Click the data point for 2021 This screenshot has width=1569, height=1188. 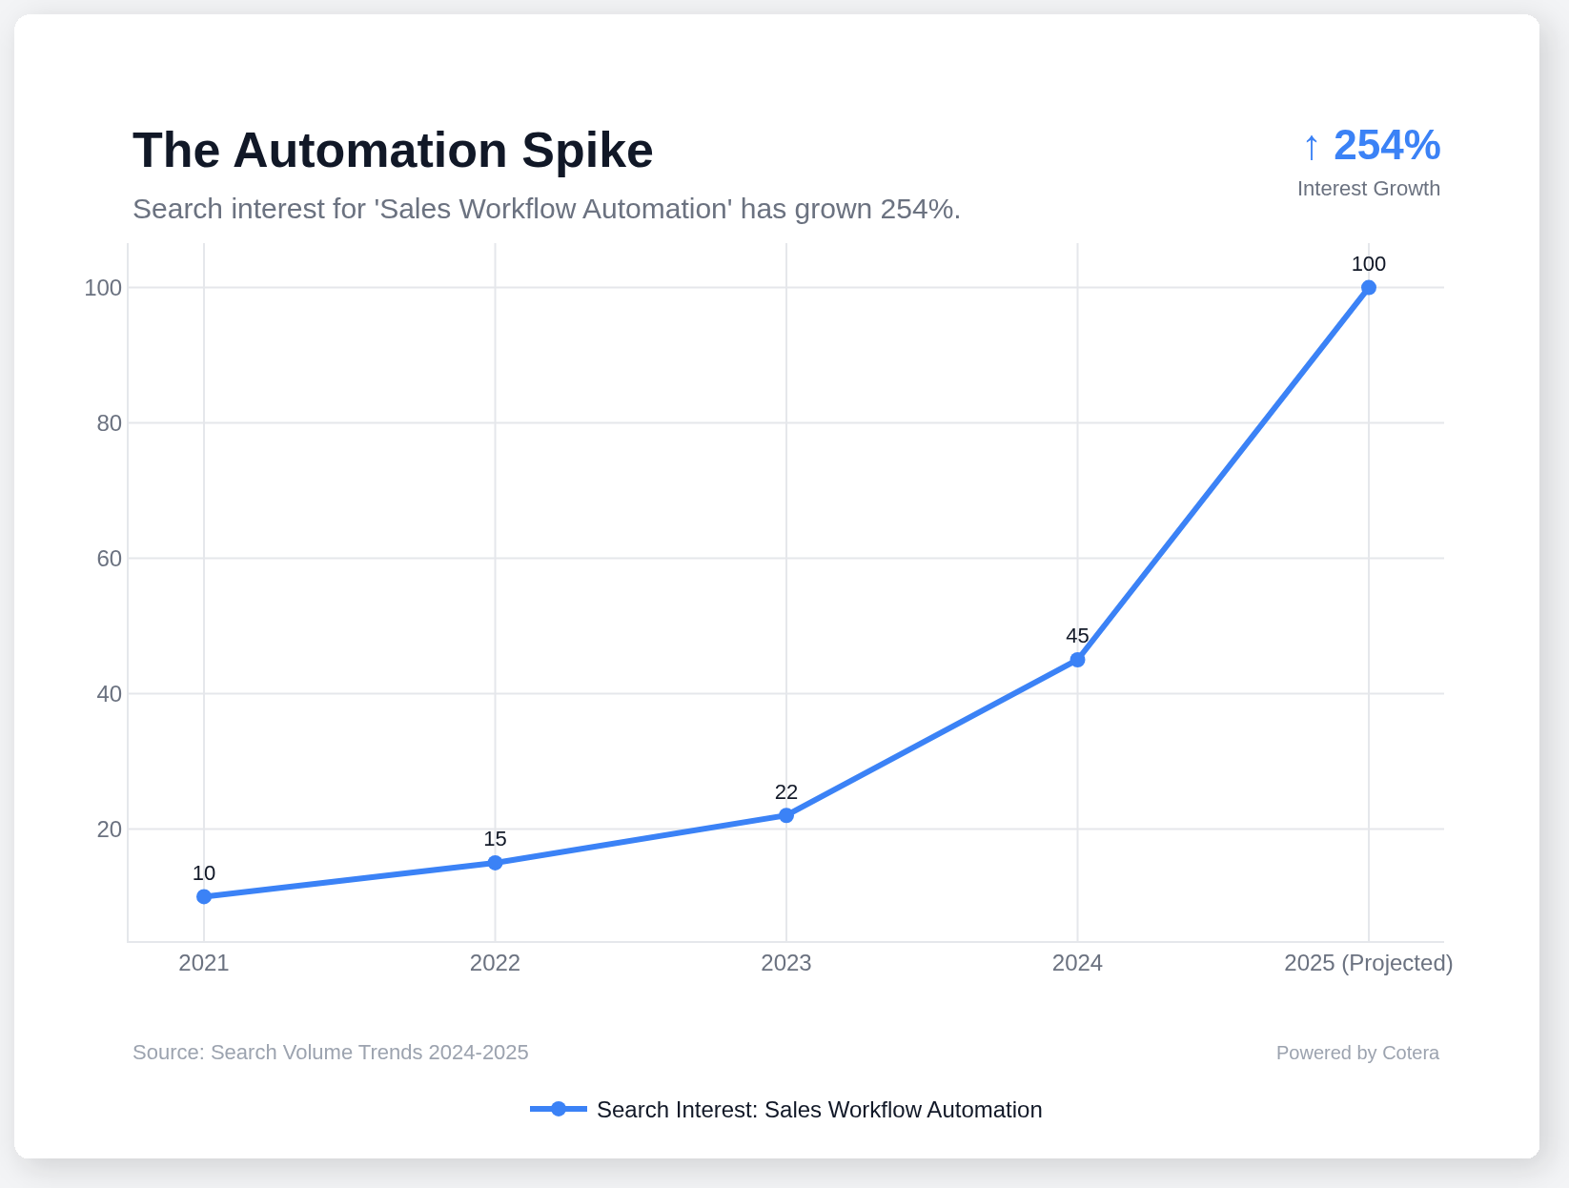click(x=204, y=896)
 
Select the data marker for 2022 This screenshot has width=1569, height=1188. click(x=495, y=863)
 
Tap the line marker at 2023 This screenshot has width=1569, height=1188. click(x=786, y=815)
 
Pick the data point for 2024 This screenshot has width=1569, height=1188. click(x=1077, y=660)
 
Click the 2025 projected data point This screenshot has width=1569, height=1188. click(x=1369, y=288)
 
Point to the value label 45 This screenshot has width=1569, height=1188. click(x=1077, y=636)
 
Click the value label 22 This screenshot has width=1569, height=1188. click(x=786, y=792)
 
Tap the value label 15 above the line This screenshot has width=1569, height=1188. click(x=495, y=839)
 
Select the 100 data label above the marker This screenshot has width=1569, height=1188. click(x=1369, y=264)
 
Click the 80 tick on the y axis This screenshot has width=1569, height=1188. click(x=110, y=423)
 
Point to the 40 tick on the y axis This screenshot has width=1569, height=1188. click(x=110, y=694)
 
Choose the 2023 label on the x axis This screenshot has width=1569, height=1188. click(x=786, y=963)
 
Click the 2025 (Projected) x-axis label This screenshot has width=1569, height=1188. click(x=1368, y=963)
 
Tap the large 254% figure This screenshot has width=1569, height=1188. click(x=1387, y=146)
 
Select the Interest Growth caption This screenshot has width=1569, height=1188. click(x=1368, y=189)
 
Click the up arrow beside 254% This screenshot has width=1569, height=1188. click(x=1312, y=148)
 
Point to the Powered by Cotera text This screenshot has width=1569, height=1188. click(x=1357, y=1053)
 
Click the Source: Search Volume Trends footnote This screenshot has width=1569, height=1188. click(x=330, y=1053)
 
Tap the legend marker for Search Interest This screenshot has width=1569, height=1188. click(x=559, y=1109)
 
